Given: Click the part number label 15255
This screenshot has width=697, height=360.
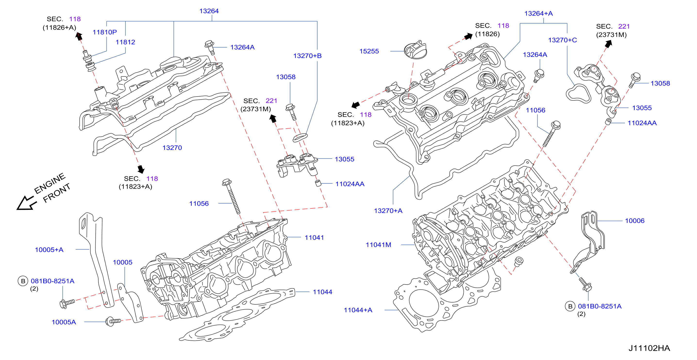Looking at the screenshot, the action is click(369, 51).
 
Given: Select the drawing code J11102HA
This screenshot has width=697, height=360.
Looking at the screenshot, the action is click(649, 348).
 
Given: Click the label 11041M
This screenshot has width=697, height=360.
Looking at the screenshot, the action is click(378, 245).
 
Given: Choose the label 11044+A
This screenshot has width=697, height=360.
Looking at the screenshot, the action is click(358, 310).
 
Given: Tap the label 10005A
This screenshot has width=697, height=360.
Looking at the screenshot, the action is click(64, 322).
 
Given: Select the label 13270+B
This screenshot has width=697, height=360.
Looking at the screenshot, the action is click(307, 56).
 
